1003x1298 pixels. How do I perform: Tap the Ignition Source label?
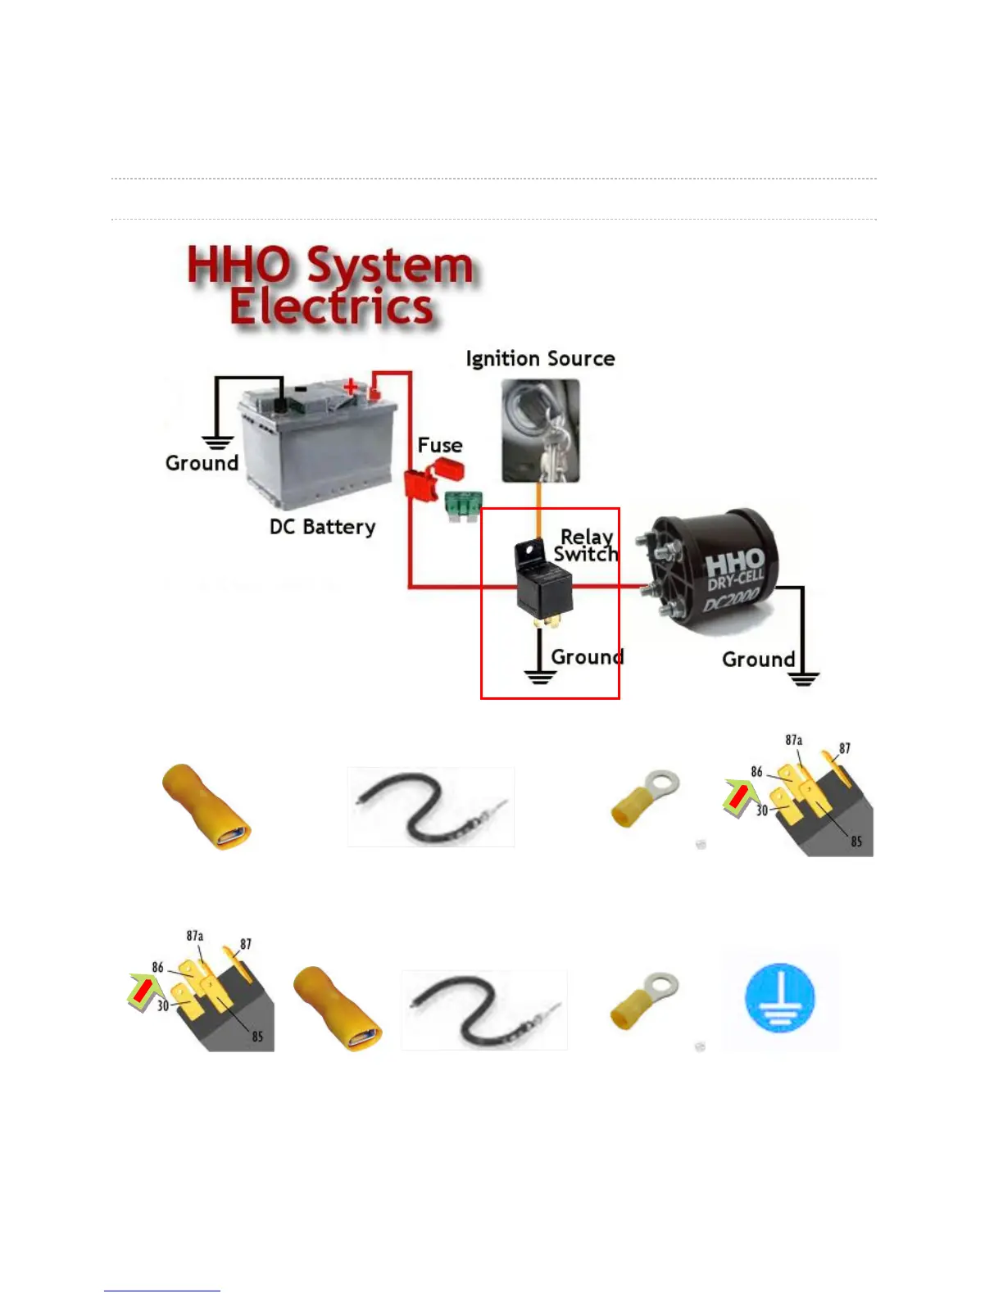pos(540,359)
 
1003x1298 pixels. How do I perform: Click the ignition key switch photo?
pos(541,430)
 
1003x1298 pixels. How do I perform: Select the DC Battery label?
pos(322,527)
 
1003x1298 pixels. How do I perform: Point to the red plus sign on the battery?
pos(351,387)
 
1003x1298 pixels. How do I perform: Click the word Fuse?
pos(440,445)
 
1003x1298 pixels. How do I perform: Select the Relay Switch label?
pos(586,546)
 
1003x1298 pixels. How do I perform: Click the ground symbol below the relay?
pos(540,676)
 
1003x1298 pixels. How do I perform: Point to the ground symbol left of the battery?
pos(217,442)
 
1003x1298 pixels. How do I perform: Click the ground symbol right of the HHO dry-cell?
pos(803,678)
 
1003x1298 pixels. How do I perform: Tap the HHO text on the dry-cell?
pos(734,564)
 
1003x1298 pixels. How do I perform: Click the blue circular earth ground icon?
pos(779,998)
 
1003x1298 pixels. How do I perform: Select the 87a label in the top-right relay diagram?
pos(793,740)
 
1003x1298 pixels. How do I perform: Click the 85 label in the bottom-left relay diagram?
pos(257,1037)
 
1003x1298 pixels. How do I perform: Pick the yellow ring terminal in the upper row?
pos(645,796)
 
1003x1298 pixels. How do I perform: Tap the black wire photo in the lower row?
pos(483,1010)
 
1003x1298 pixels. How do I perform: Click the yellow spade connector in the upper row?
pos(206,806)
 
